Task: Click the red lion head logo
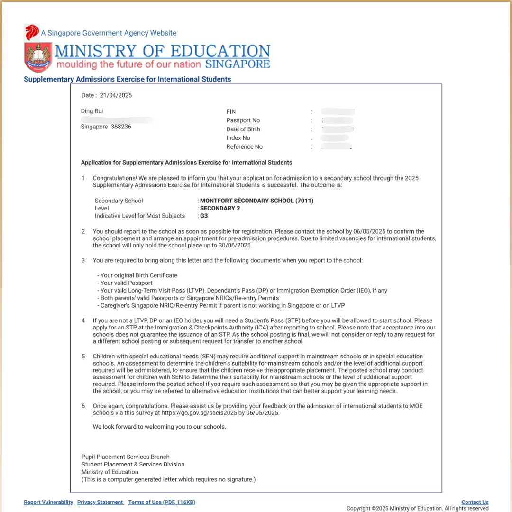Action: tap(32, 32)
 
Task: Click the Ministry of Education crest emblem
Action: tap(38, 57)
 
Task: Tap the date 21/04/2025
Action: tap(116, 95)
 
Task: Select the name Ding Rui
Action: tap(92, 111)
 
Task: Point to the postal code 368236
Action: tap(121, 127)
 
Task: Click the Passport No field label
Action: tap(243, 120)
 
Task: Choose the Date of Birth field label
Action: tap(243, 129)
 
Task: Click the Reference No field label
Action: tap(245, 147)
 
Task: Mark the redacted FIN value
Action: tap(338, 111)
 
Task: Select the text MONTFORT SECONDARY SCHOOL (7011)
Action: tap(256, 201)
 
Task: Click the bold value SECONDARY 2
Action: tap(220, 208)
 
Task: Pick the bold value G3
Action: tap(204, 216)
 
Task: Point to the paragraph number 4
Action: tap(83, 321)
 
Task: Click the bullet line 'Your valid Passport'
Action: tap(120, 283)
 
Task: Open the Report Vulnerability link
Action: tap(48, 502)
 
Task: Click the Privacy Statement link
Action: tap(100, 502)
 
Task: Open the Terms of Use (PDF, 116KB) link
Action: tap(162, 502)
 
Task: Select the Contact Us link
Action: tap(475, 502)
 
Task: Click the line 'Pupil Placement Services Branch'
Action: tap(126, 457)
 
